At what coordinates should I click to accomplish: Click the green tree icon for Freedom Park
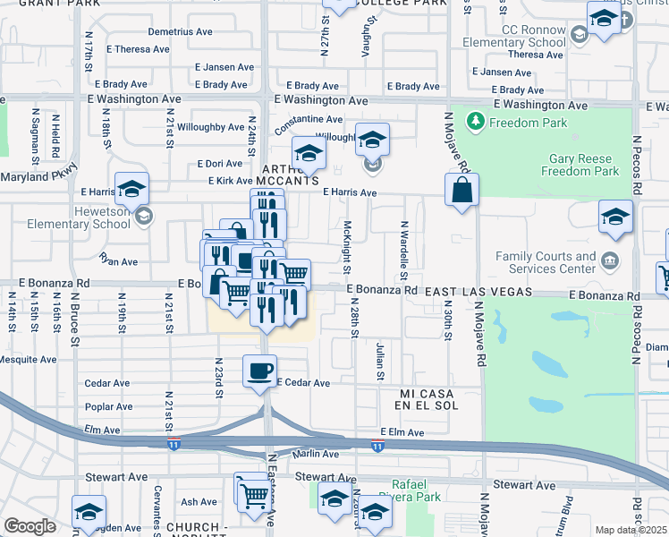click(x=476, y=121)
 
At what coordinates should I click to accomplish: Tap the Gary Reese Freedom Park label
click(x=583, y=165)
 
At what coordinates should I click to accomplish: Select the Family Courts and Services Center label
click(x=546, y=262)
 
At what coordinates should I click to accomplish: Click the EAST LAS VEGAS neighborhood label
click(x=478, y=292)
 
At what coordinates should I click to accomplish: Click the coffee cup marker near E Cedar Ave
click(x=259, y=371)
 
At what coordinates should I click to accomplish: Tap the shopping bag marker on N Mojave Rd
click(x=462, y=190)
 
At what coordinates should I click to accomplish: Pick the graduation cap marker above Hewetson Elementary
click(x=131, y=188)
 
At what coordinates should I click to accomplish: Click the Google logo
click(x=30, y=526)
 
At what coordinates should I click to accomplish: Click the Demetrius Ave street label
click(x=180, y=31)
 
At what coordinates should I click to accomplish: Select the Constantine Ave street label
click(x=309, y=119)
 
